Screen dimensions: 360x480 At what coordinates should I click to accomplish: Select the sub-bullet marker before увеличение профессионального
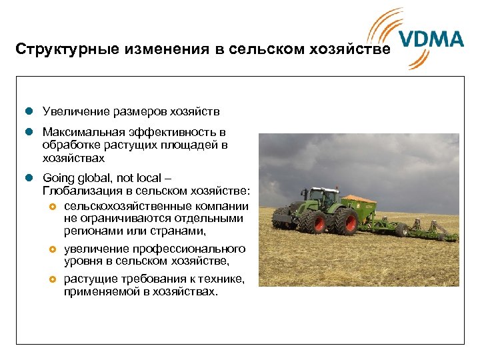[53, 249]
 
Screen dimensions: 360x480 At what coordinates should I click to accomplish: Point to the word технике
[225, 279]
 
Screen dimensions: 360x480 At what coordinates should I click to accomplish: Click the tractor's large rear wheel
[344, 222]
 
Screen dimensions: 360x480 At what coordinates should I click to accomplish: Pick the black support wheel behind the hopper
[401, 230]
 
